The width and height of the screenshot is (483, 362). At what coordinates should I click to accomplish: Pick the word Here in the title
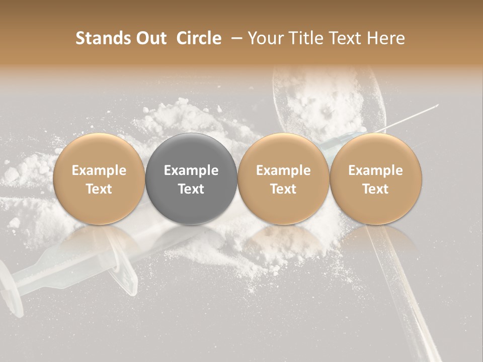click(x=386, y=38)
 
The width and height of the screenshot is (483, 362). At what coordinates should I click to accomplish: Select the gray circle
click(x=191, y=178)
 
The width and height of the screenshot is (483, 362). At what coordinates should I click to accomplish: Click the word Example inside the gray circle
click(x=191, y=170)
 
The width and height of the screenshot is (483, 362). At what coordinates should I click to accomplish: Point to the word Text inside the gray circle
click(x=191, y=189)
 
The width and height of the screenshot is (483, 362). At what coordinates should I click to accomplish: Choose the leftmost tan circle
click(x=99, y=178)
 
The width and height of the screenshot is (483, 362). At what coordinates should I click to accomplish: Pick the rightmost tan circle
click(x=376, y=178)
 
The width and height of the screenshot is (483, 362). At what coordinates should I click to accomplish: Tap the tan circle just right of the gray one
click(x=283, y=178)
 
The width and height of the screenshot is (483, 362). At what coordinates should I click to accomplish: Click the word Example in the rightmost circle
click(x=376, y=170)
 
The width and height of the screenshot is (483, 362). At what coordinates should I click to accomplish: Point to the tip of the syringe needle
click(x=437, y=106)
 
